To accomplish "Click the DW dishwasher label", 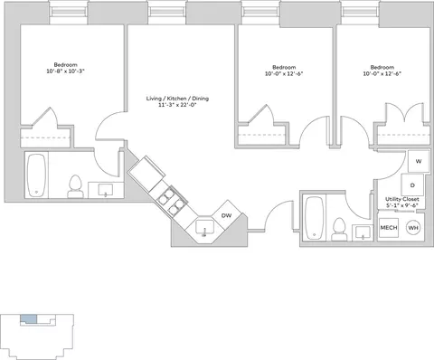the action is click(x=226, y=215).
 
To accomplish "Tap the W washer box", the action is click(x=419, y=161).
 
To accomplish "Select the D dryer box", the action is click(x=412, y=185).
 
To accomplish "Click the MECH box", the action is click(x=389, y=227).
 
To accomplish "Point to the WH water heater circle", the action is click(x=413, y=228).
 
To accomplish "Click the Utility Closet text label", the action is click(x=402, y=199).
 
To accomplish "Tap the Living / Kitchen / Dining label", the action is click(x=177, y=99).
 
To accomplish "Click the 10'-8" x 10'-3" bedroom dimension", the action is click(x=65, y=71).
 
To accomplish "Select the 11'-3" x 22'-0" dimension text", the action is click(x=177, y=105).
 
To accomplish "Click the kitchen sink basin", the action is click(x=204, y=227).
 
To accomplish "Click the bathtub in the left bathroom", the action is click(x=36, y=175).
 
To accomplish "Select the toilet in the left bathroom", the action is click(x=75, y=186).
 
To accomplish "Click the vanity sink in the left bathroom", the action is click(x=106, y=190).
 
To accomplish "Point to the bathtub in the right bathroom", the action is click(x=314, y=218).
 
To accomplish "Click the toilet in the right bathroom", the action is click(x=339, y=229).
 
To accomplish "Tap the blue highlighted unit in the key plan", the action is click(x=29, y=319).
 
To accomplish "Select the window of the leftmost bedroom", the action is click(x=69, y=12).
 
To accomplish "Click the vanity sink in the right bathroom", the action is click(x=363, y=232).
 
